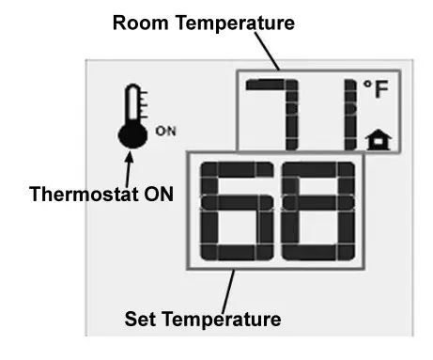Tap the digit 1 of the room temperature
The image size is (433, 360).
pyautogui.click(x=348, y=113)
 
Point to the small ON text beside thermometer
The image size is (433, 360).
pyautogui.click(x=164, y=131)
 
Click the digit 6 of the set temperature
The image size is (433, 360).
pyautogui.click(x=235, y=211)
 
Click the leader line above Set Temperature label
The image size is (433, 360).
pyautogui.click(x=232, y=287)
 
